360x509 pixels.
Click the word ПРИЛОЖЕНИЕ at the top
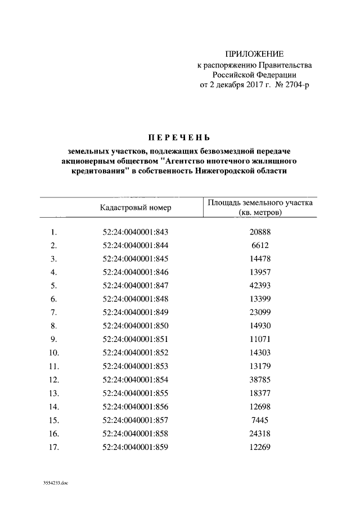pos(255,55)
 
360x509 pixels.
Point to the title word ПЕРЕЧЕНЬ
pos(178,137)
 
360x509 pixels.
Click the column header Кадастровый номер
pos(136,208)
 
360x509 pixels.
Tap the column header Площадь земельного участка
pos(259,203)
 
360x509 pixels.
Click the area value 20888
pos(260,232)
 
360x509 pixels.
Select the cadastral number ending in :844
pos(136,245)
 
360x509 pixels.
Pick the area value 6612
pos(260,245)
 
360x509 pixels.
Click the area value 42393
pos(260,285)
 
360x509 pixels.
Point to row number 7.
pos(54,312)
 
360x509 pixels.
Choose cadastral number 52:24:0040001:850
pos(136,325)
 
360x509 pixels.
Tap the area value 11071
pos(260,339)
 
